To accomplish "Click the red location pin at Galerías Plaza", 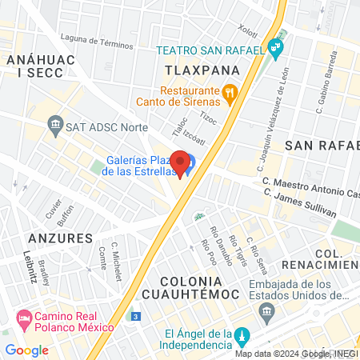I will coord(181,162).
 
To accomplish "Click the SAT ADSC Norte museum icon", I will coord(55,124).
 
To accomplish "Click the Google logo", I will coord(26,350).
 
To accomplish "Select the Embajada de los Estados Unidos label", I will coord(299,291).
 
